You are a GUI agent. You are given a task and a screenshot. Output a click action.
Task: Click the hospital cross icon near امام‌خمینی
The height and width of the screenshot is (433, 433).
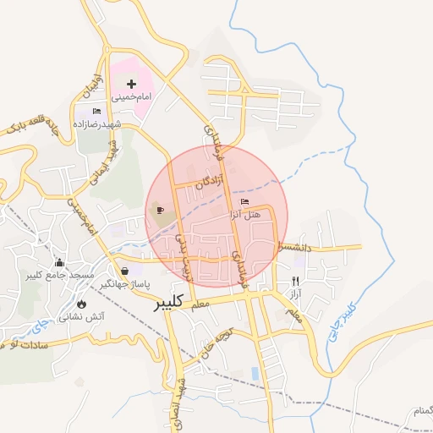point(131,84)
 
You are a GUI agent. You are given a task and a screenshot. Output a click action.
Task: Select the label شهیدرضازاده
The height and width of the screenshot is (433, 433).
point(107,124)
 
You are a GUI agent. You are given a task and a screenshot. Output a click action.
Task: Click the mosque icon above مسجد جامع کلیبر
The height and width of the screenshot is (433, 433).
point(58,263)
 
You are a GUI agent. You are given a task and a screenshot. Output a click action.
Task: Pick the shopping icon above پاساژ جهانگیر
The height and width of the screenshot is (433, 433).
point(125,271)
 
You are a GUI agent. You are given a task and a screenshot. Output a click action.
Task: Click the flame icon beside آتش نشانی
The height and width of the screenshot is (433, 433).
point(81,303)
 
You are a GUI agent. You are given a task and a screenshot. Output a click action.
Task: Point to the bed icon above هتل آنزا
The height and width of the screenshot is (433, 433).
point(245,202)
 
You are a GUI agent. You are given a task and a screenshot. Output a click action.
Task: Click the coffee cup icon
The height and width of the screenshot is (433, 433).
point(160,210)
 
